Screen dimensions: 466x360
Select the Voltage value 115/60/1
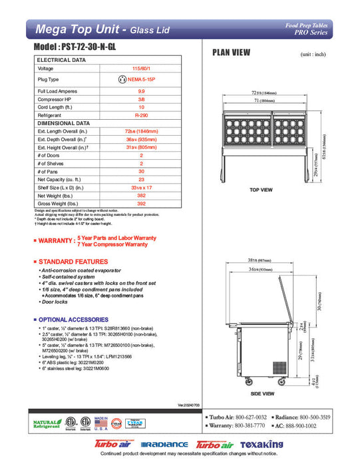(140, 69)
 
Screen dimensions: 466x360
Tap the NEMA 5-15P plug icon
(121, 79)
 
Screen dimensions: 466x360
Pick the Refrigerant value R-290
(140, 116)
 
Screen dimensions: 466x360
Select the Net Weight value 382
(140, 197)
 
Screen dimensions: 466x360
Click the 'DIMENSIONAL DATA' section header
(64, 124)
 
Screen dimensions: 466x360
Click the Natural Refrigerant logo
(43, 423)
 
